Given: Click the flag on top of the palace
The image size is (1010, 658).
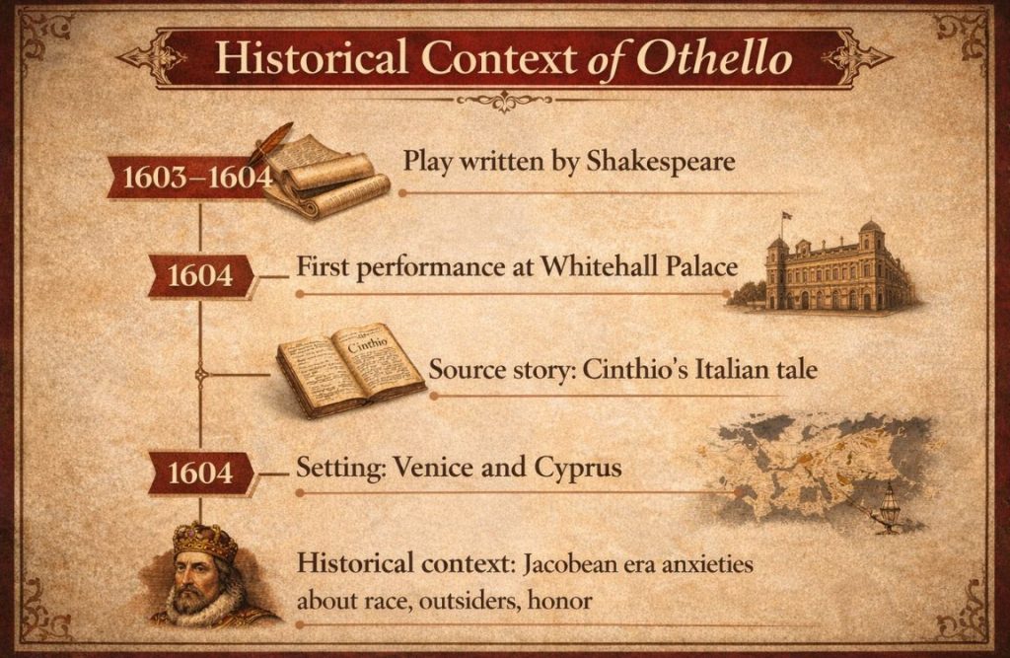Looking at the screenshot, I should [786, 216].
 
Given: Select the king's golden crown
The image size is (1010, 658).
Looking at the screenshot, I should [205, 540].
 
